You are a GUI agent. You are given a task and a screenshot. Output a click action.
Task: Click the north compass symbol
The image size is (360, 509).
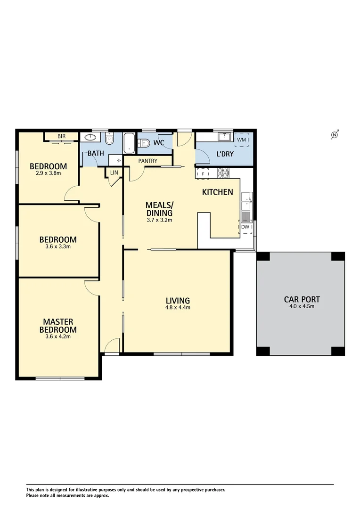(335, 135)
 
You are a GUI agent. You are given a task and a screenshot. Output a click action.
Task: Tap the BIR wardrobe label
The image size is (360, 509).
(61, 136)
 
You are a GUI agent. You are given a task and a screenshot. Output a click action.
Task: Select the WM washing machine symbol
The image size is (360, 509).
(242, 140)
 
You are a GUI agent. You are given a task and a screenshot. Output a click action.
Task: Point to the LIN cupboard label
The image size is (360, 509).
(114, 173)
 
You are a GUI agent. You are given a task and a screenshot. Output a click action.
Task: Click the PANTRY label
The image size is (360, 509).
(148, 161)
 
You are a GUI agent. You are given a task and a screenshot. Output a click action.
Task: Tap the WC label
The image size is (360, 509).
(158, 143)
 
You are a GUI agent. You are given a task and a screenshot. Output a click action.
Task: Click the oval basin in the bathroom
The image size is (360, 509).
(89, 138)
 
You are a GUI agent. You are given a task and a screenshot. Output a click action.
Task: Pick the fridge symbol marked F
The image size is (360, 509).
(203, 173)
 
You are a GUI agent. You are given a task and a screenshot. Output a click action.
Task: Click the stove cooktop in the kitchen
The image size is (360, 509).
(223, 173)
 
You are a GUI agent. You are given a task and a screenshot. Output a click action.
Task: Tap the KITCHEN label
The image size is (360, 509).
(217, 192)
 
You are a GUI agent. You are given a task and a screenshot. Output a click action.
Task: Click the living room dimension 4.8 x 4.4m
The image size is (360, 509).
(178, 308)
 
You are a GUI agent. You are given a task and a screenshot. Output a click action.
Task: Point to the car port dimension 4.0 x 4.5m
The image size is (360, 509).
(302, 306)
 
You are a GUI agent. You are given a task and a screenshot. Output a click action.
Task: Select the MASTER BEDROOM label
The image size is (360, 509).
(58, 326)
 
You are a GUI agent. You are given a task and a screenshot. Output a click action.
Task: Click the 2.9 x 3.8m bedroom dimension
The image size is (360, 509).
(48, 173)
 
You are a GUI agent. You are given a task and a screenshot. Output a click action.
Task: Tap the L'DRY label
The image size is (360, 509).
(225, 154)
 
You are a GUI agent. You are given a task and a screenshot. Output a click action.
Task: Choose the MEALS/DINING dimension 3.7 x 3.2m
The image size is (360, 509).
(159, 220)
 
